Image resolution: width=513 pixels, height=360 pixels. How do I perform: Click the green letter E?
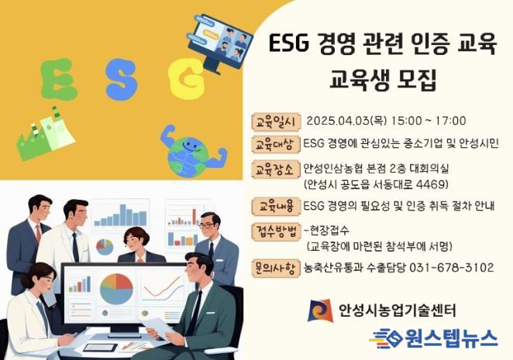tap(59, 80)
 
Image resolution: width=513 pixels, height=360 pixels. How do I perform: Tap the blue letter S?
tap(122, 80)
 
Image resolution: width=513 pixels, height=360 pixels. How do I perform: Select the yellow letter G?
tap(187, 80)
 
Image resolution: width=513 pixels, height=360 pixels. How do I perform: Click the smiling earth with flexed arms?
tap(193, 151)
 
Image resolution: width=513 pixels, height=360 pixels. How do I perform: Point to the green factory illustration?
tap(46, 133)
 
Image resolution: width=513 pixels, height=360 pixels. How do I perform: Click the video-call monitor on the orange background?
tap(220, 43)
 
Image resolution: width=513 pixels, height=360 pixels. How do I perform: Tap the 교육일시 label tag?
tap(276, 122)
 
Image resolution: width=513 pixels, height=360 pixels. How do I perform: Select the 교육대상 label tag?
tap(276, 144)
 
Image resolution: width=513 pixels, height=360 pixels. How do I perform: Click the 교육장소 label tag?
tap(276, 170)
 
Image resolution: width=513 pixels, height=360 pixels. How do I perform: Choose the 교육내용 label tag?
tap(276, 207)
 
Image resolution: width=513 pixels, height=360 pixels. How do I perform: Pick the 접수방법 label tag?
tap(276, 231)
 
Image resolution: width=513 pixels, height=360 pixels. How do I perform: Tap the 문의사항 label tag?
tap(276, 269)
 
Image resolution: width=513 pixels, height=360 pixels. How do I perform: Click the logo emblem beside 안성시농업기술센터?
tap(320, 310)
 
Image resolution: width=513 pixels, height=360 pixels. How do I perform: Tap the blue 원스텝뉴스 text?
tap(451, 338)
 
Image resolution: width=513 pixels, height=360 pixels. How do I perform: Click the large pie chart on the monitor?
tap(116, 290)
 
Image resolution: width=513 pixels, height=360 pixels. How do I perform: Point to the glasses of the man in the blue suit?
tap(206, 225)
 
